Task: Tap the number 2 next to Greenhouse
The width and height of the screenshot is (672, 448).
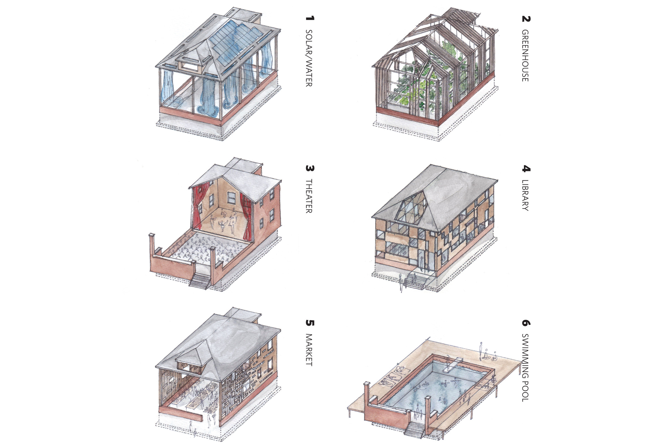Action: coord(526,19)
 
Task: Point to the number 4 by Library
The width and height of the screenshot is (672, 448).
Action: coord(526,169)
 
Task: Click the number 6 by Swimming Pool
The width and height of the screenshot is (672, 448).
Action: coord(526,323)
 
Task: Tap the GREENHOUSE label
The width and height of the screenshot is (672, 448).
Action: coord(525,56)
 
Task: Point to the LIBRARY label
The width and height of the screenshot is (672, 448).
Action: coord(525,195)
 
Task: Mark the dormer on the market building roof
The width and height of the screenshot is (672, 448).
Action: coord(188,361)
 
